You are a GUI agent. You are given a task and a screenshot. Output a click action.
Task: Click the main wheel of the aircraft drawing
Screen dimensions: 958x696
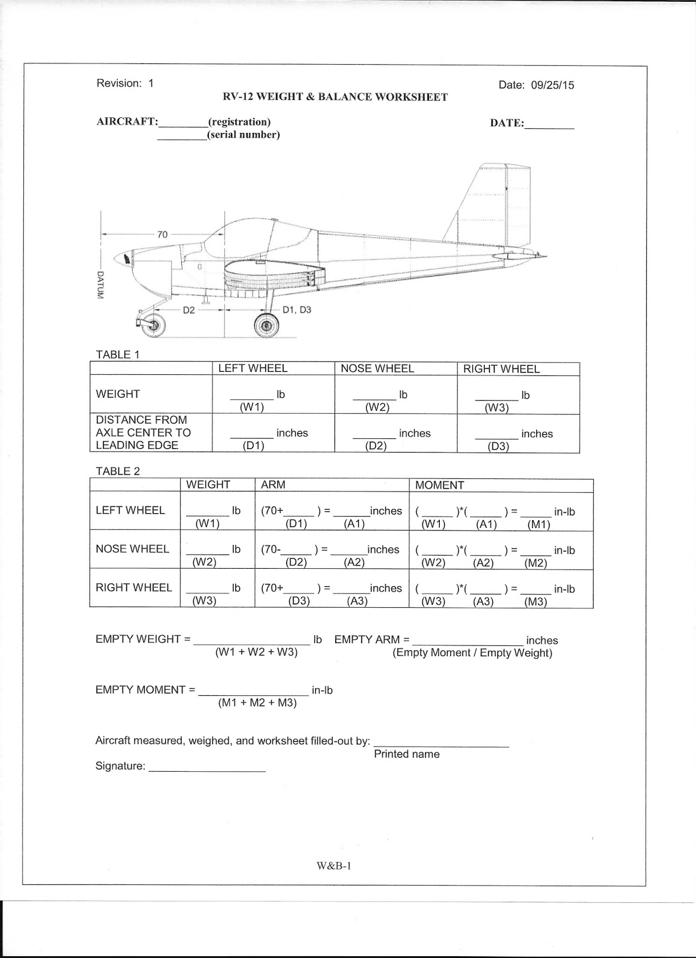[x=266, y=325]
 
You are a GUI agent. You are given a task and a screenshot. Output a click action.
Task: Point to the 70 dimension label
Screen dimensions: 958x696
[x=162, y=235]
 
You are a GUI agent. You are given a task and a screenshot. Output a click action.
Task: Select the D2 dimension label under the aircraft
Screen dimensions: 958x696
[x=189, y=310]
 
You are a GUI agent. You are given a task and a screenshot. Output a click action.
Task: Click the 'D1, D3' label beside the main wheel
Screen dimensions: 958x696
[x=297, y=310]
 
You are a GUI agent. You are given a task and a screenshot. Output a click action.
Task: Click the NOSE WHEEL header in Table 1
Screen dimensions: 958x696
[x=377, y=369]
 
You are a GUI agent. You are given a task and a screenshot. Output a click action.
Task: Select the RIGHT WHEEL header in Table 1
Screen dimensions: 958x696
[x=501, y=369]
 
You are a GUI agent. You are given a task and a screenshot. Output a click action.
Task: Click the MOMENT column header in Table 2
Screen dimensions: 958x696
[x=439, y=486]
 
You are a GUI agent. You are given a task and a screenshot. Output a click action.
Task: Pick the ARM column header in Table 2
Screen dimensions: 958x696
[x=273, y=485]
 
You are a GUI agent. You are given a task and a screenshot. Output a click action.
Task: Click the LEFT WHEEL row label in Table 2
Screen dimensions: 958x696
[x=130, y=511]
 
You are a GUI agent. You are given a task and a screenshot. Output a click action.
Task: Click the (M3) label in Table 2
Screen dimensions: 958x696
[x=536, y=602]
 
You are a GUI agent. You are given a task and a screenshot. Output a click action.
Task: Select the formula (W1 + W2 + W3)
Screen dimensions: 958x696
[x=256, y=653]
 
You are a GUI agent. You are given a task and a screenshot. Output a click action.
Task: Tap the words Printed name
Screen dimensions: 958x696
[x=406, y=754]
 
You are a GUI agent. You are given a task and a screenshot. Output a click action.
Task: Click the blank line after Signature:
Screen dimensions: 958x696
[x=206, y=768]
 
